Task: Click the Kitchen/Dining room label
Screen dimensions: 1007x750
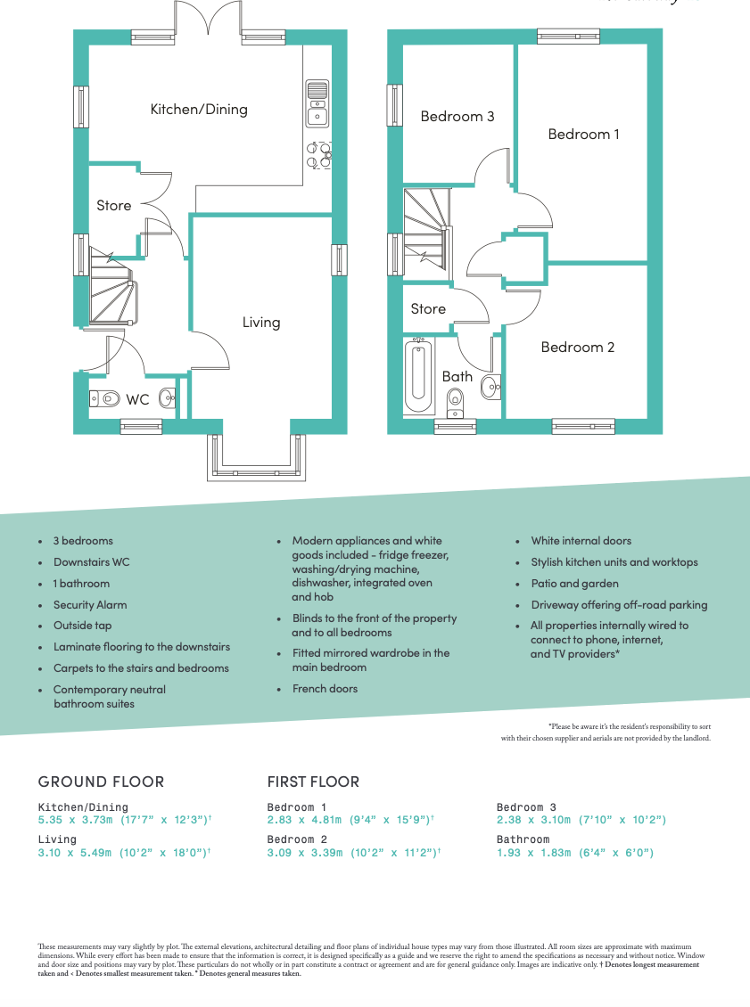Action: [199, 110]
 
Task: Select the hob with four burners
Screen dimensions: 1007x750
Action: [319, 155]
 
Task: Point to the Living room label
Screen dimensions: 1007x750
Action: [261, 323]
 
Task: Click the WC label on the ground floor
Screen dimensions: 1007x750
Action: [137, 400]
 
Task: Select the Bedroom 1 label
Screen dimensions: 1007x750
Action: [583, 135]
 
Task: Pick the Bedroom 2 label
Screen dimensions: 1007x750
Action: [577, 348]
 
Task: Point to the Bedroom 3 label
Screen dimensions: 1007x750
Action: [457, 117]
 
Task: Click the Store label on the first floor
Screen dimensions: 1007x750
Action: [428, 309]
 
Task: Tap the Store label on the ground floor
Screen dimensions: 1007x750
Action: [113, 206]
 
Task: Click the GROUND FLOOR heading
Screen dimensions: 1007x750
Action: [101, 782]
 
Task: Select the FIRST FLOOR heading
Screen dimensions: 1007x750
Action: [313, 782]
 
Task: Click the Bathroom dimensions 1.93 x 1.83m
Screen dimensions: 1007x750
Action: [575, 853]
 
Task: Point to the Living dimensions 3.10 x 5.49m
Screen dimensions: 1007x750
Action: [123, 853]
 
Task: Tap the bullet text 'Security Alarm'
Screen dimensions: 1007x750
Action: [90, 604]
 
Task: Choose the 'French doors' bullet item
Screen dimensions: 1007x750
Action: [325, 689]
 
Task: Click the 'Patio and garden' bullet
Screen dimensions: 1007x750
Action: [574, 584]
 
